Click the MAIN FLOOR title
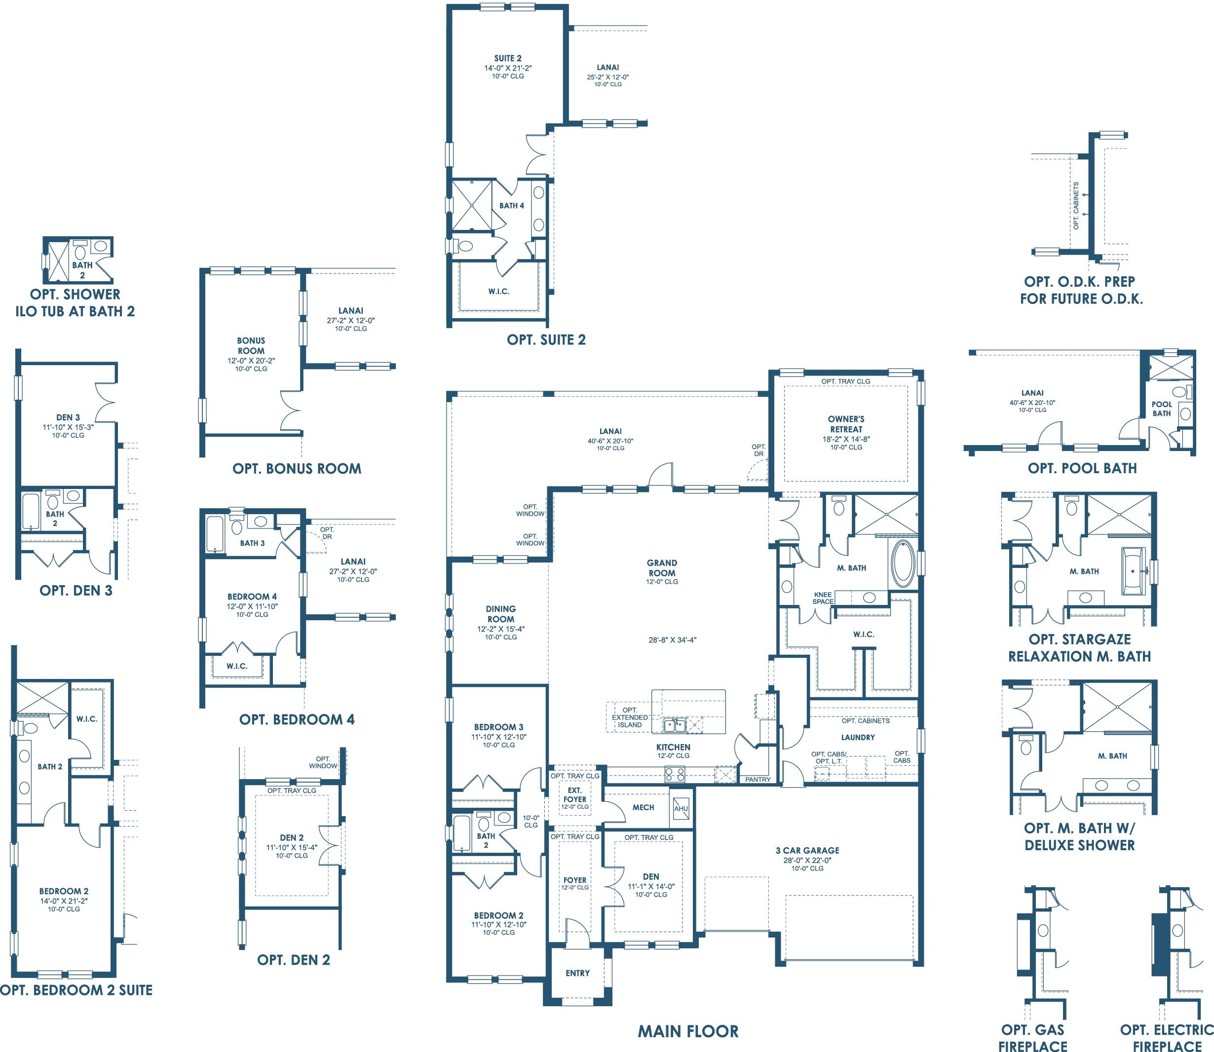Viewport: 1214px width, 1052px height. coord(688,1031)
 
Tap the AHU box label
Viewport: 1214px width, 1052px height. coord(681,808)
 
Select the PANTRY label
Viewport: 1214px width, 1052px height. coord(758,779)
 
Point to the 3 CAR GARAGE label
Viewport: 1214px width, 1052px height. coord(808,850)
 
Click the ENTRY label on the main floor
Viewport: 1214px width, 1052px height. coord(578,973)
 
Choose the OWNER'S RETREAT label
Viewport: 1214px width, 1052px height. coord(846,424)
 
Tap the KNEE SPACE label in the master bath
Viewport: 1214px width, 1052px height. coord(823,598)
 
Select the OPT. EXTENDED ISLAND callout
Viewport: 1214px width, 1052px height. coord(630,717)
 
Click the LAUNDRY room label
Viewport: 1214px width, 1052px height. coord(858,737)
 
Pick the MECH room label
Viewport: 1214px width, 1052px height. coord(644,807)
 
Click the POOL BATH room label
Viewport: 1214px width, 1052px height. coord(1161,409)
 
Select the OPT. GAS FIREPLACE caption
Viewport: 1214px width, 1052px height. coord(1032,1037)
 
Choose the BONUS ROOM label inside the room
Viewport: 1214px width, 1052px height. coord(251,345)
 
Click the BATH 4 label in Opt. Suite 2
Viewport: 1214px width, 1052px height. coord(512,205)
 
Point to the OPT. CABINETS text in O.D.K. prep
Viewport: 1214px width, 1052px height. coord(1076,205)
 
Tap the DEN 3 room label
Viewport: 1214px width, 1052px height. coord(68,417)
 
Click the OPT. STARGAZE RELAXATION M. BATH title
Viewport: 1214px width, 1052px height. coord(1080,647)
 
